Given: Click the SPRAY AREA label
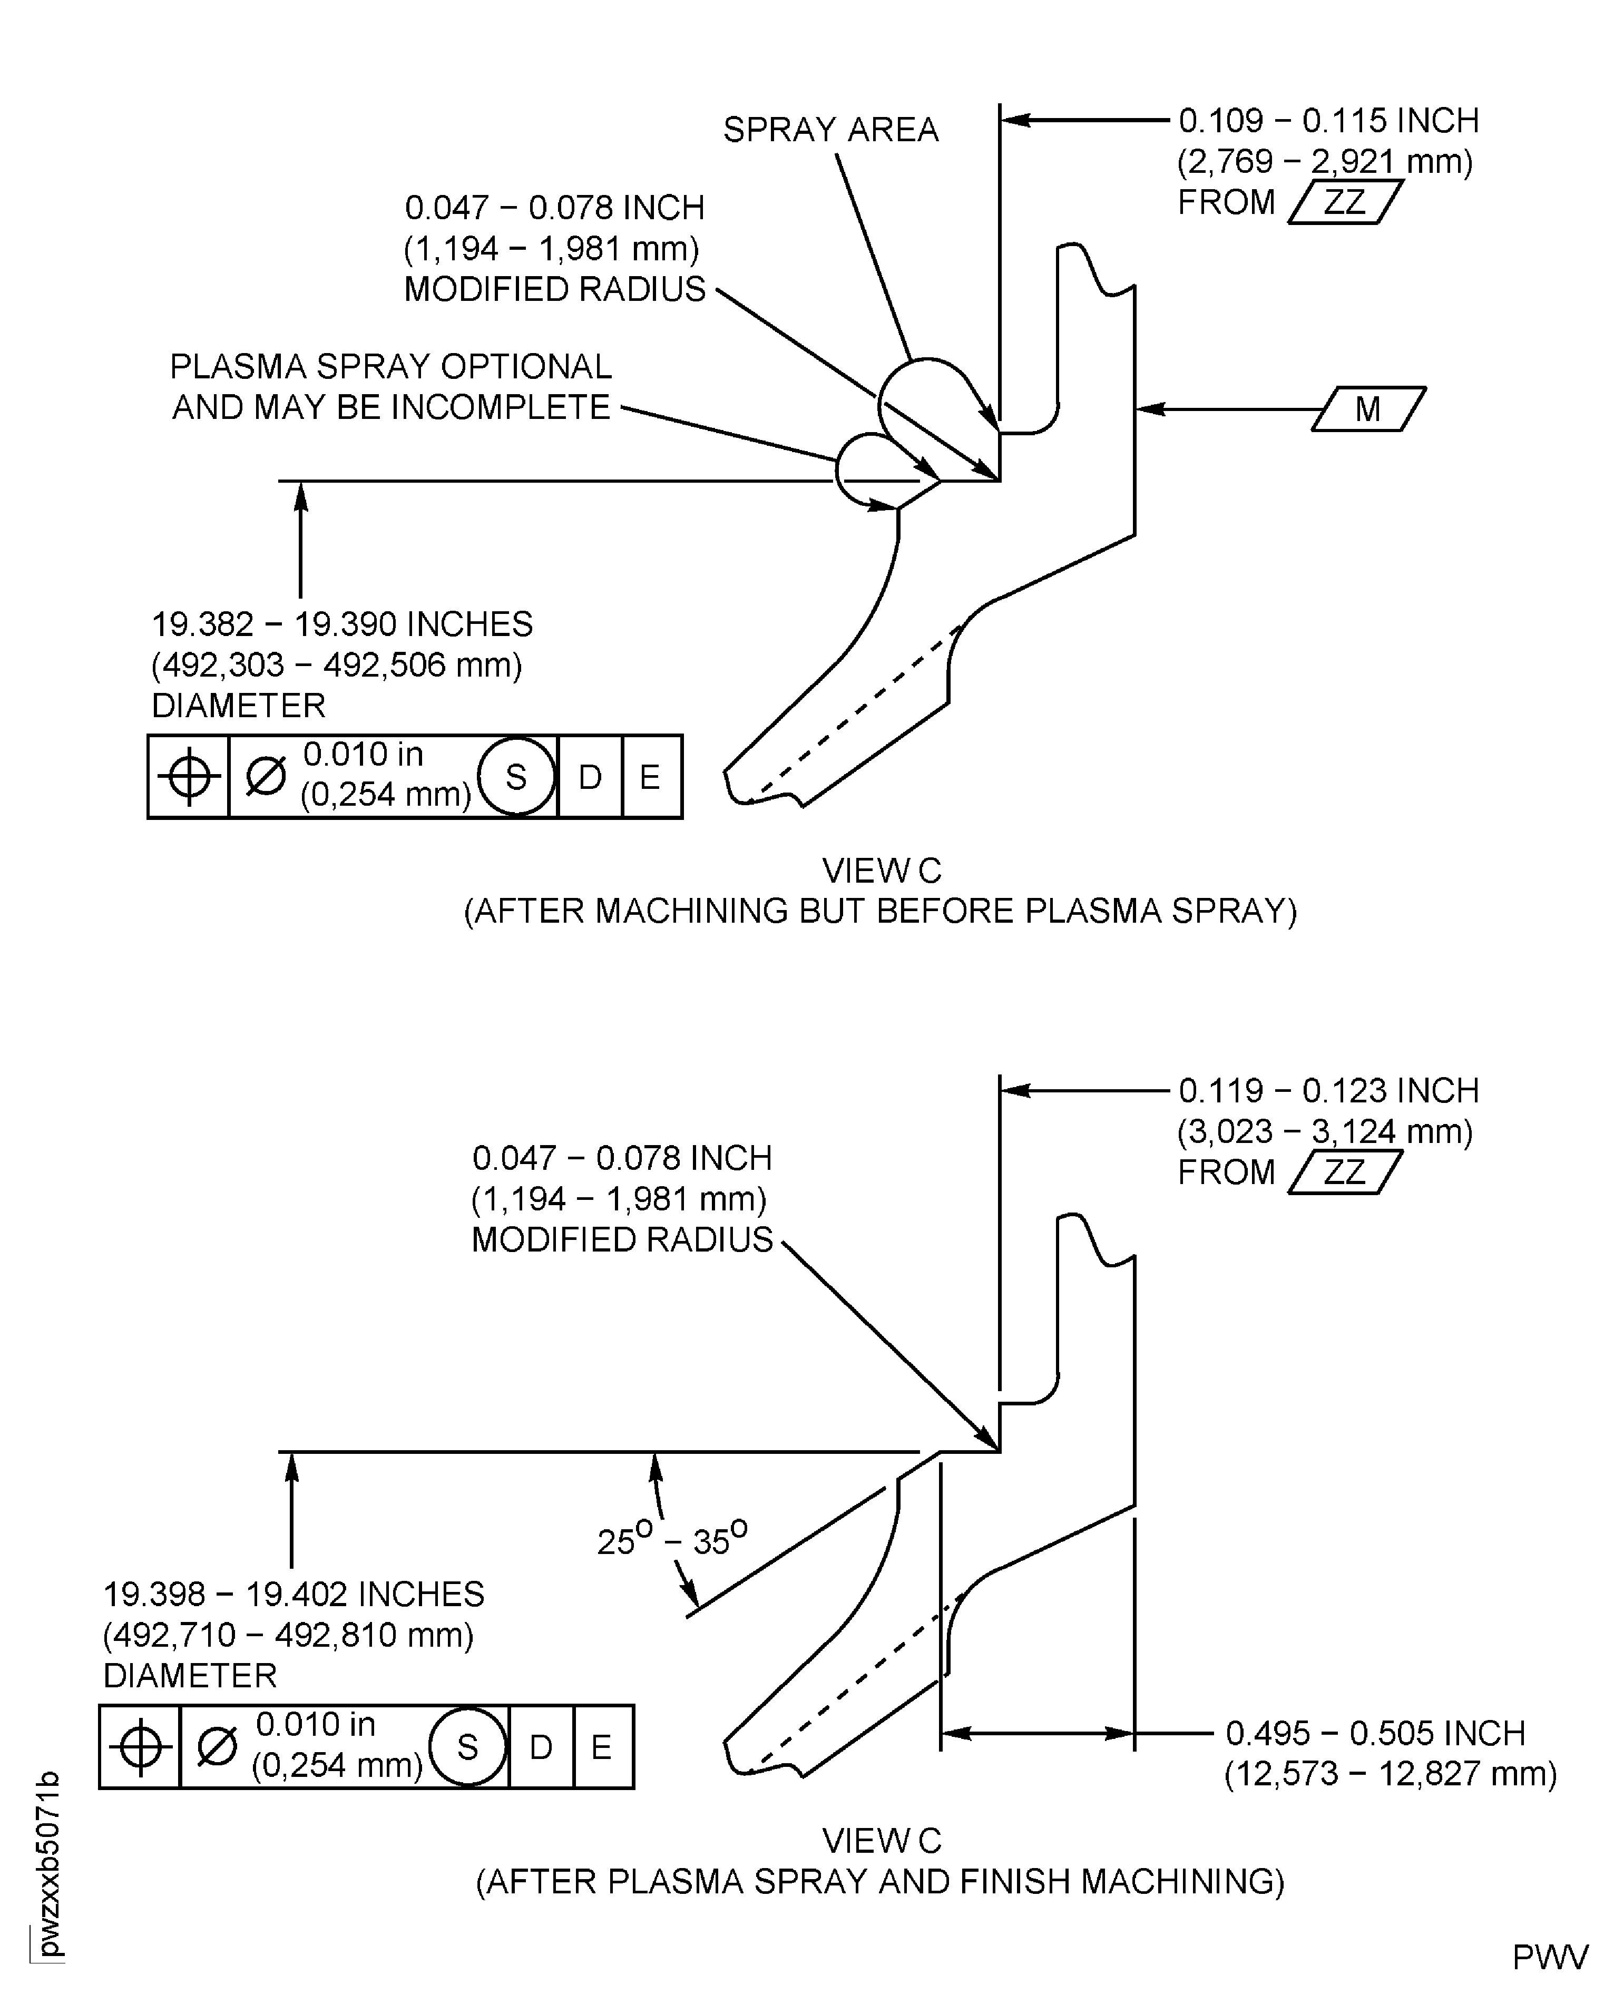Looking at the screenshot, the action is tap(830, 129).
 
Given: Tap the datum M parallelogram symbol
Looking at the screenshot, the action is tap(1368, 409).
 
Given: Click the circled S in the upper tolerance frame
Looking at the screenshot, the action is tap(516, 776).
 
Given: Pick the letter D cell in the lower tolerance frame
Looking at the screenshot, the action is tap(541, 1748).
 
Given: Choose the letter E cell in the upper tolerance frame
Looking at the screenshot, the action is tap(651, 776).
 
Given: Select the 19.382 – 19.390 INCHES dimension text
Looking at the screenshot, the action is tap(342, 624).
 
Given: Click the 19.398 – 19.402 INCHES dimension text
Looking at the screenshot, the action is tap(294, 1594).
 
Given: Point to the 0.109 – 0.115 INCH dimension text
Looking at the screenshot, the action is tap(1328, 121).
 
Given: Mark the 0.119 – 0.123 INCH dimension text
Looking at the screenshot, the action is tap(1328, 1090).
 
